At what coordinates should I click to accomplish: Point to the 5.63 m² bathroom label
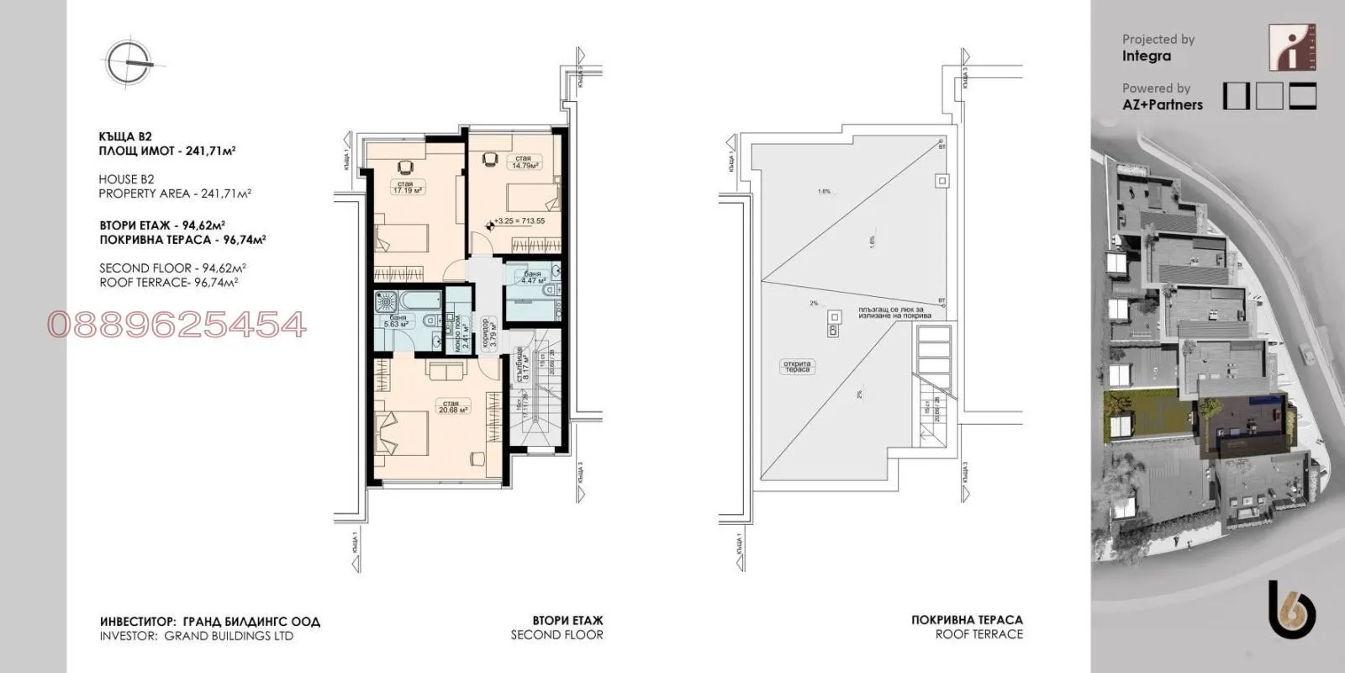coord(396,321)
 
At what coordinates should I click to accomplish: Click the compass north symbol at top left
coord(131,63)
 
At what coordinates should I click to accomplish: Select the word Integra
coord(1146,56)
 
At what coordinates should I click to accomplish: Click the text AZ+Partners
coord(1162,105)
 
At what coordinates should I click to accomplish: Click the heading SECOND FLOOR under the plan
coord(556,635)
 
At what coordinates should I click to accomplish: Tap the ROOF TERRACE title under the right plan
coord(978,634)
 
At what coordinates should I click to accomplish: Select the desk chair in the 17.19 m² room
coord(405,166)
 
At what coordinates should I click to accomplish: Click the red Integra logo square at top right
coord(1291,48)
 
